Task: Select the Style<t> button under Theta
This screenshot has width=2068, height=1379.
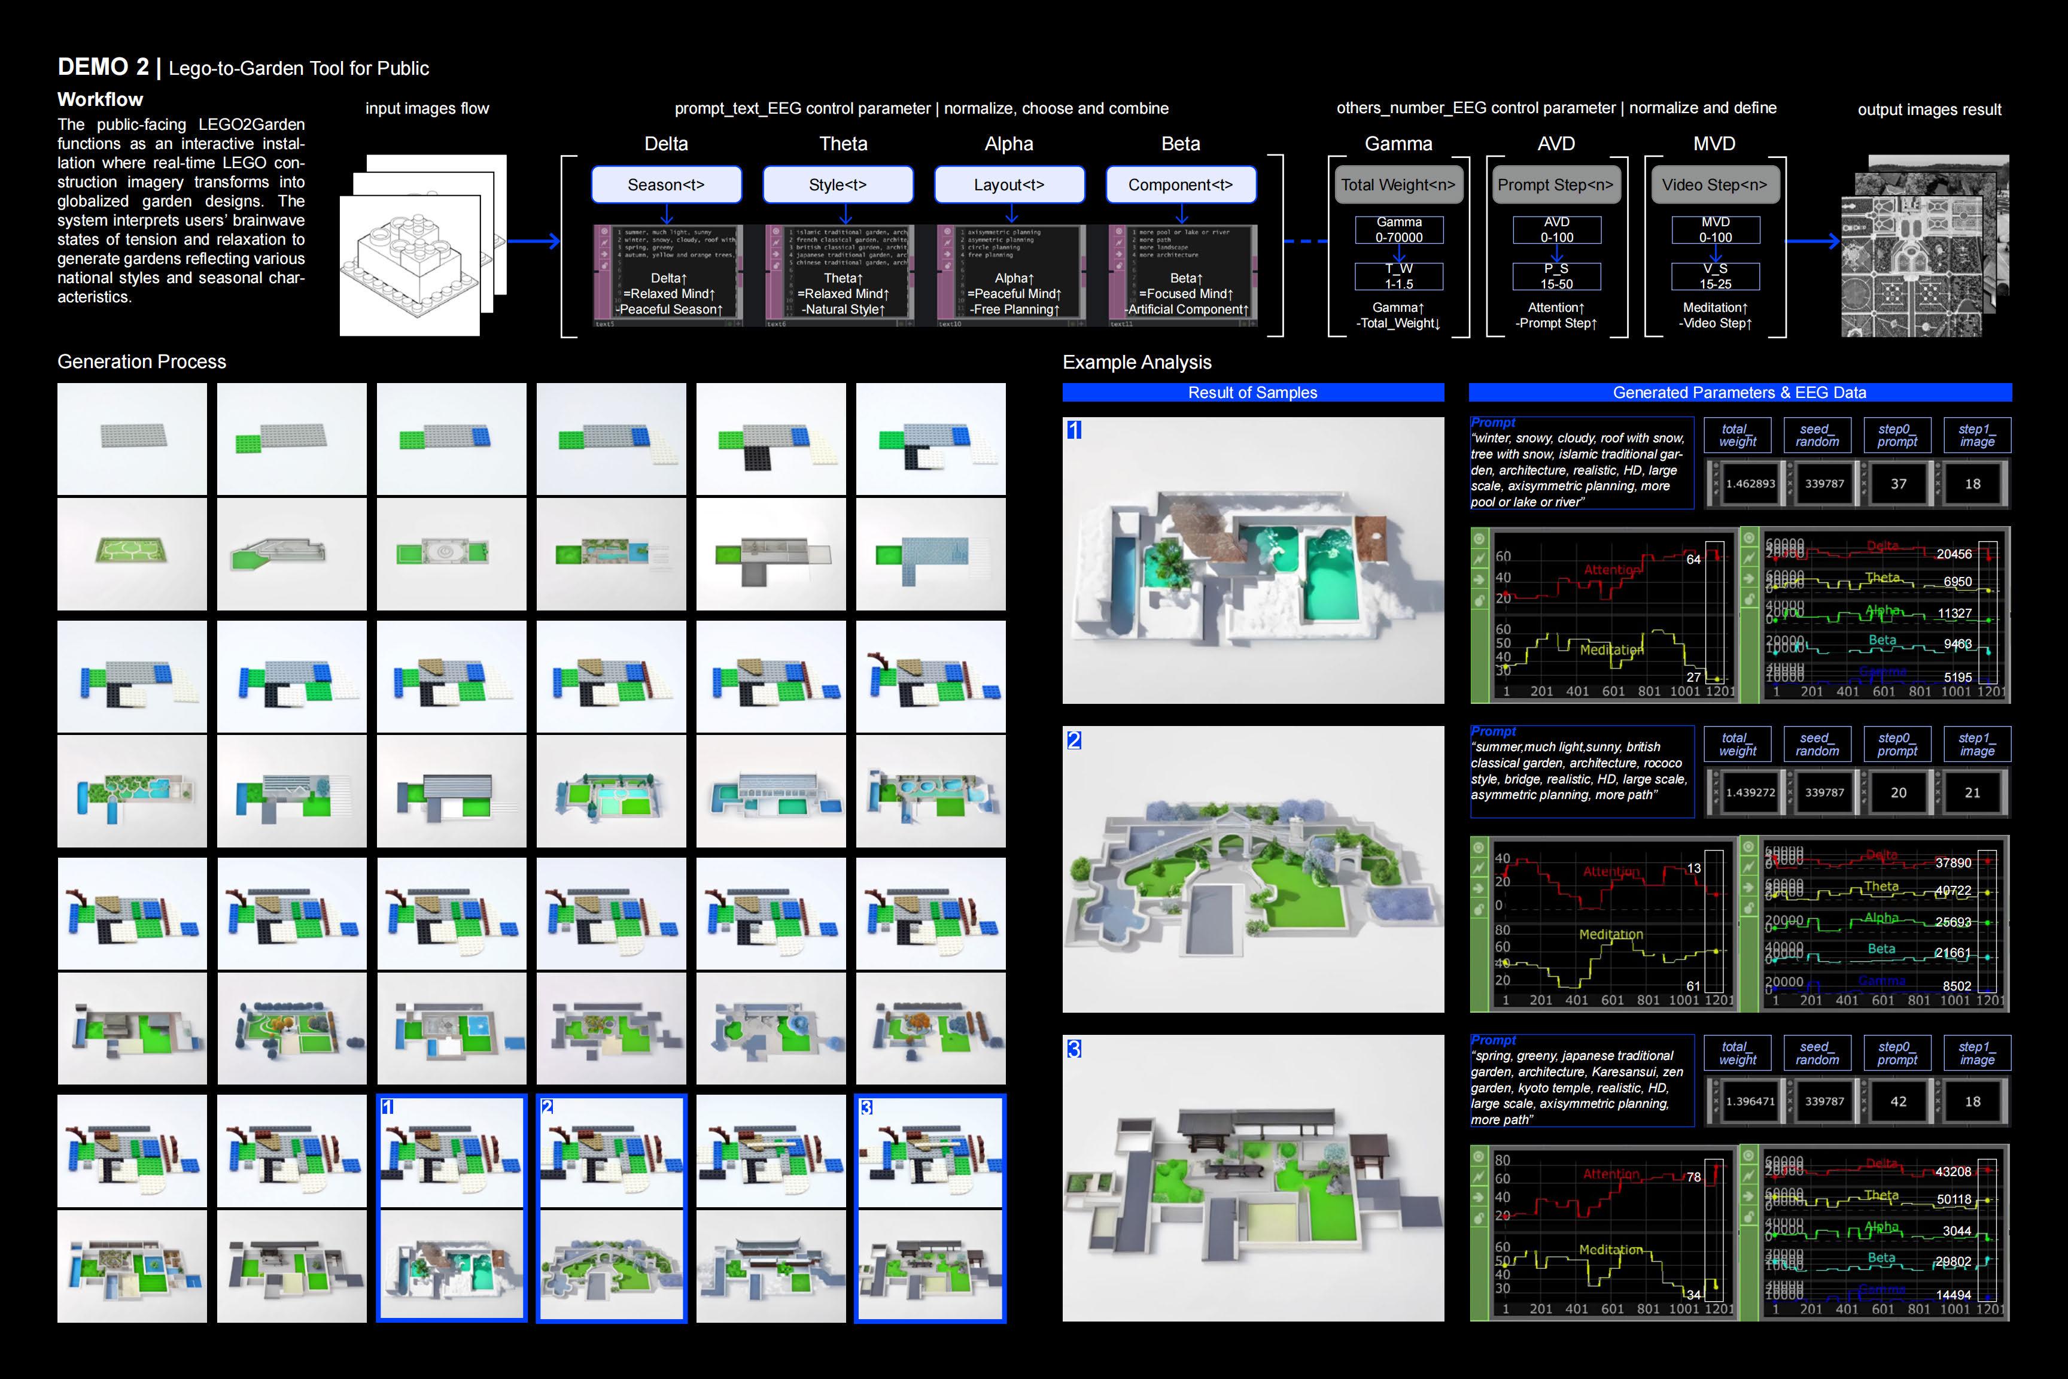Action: coord(837,185)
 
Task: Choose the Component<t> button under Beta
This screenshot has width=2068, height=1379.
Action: coord(1180,185)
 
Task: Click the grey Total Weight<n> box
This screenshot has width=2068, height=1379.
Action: coord(1398,185)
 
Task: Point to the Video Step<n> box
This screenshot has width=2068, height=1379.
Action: coord(1714,185)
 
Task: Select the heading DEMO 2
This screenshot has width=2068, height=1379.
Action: coord(103,67)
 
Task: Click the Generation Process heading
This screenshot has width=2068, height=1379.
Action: coord(142,362)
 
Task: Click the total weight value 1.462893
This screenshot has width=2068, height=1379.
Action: coord(1750,484)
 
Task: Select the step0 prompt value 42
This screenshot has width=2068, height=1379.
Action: coord(1898,1101)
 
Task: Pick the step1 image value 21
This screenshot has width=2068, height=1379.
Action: coord(1972,792)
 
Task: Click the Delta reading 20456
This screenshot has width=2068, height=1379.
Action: coord(1954,554)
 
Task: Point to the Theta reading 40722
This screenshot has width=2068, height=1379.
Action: coord(1953,891)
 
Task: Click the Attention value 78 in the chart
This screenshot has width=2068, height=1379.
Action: coord(1693,1177)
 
